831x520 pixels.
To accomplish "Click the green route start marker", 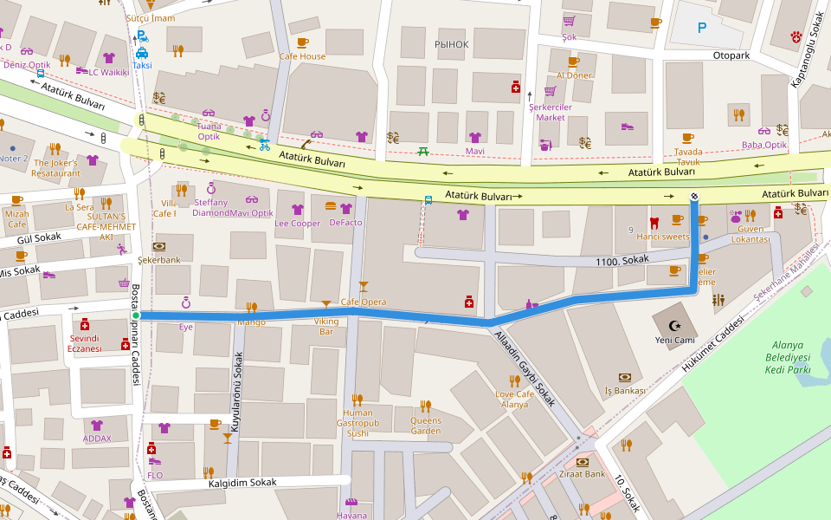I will (x=136, y=315).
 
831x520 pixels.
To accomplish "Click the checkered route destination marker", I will (x=694, y=198).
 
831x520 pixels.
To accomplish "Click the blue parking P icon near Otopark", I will (x=702, y=29).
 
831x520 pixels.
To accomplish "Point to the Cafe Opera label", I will (x=363, y=302).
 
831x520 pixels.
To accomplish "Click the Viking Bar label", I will (x=325, y=326).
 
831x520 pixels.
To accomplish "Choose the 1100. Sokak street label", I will (x=622, y=259).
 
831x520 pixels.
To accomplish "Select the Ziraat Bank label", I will (x=583, y=474).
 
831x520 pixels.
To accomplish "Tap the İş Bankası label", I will (x=624, y=390).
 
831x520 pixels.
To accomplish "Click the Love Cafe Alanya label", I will (x=514, y=400).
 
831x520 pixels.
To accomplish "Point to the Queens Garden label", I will (x=425, y=425).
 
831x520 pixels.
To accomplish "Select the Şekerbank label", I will (x=158, y=259).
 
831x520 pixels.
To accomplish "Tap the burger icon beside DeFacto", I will (x=330, y=208).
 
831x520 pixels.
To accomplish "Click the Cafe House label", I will (x=302, y=56).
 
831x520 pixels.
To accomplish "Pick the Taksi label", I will (x=142, y=65).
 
